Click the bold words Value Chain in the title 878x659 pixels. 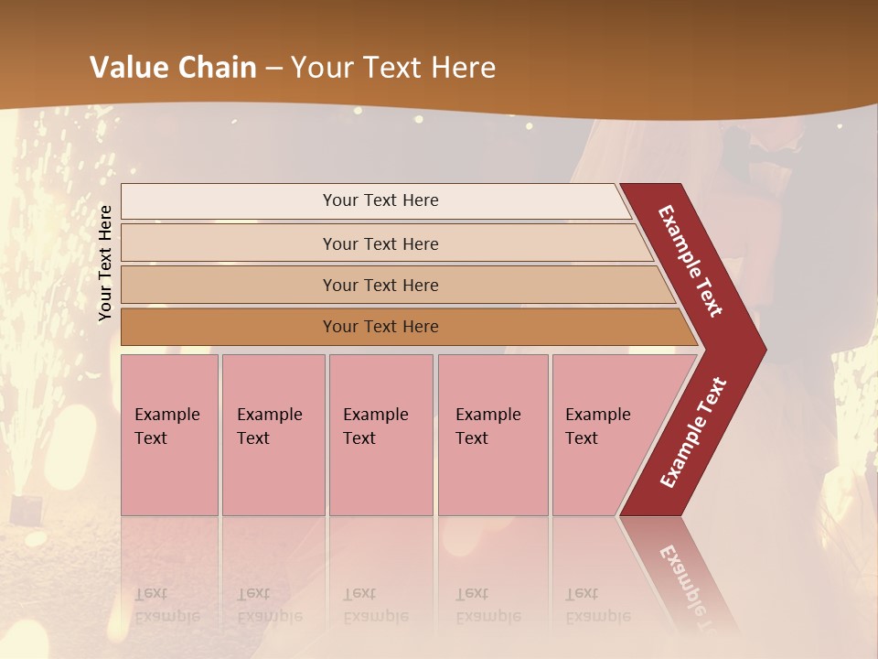point(173,68)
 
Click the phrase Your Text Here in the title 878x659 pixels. point(393,68)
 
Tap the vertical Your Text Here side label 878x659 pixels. point(105,263)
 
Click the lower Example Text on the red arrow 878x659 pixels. point(693,432)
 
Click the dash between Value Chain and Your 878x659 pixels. point(273,68)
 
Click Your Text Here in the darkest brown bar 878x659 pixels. point(380,327)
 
